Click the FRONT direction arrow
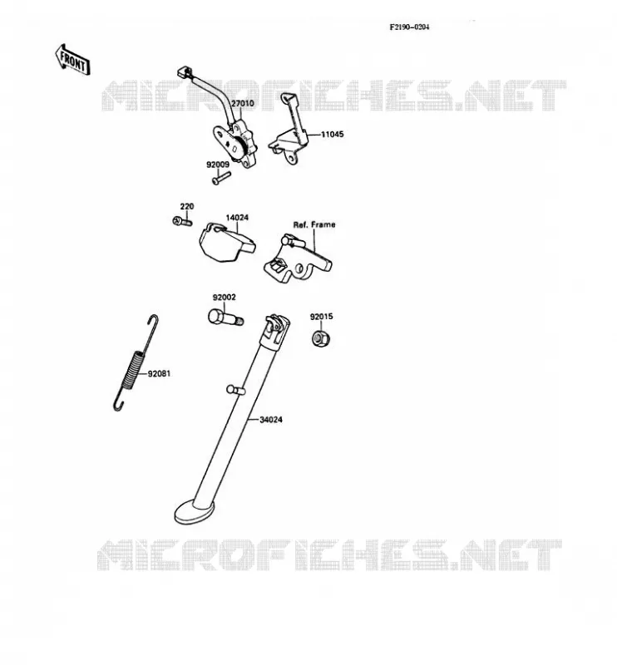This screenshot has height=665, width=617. click(x=72, y=60)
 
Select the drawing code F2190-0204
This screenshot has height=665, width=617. click(x=409, y=27)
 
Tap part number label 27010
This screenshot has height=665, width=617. click(x=242, y=103)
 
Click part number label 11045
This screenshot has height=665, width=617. click(x=333, y=135)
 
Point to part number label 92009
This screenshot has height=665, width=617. click(x=218, y=165)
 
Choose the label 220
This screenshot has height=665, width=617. click(x=187, y=206)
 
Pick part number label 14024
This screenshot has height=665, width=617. click(x=237, y=218)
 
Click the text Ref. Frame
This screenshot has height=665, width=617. click(x=314, y=224)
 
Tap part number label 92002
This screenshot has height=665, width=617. click(x=224, y=298)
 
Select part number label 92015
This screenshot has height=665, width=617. click(x=321, y=317)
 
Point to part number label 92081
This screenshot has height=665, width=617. click(x=159, y=373)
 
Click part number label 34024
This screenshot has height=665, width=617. click(x=271, y=420)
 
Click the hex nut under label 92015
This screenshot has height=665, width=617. click(x=321, y=338)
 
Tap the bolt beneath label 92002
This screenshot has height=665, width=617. click(x=225, y=318)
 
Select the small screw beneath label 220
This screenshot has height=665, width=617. click(x=182, y=221)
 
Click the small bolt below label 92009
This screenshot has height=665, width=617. click(x=220, y=178)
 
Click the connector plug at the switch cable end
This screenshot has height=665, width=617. click(x=184, y=72)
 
